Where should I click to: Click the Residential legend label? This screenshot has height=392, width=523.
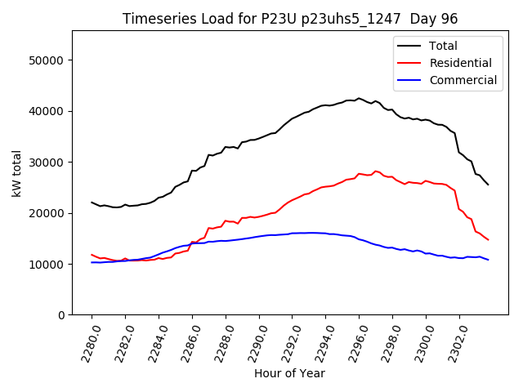point(460,63)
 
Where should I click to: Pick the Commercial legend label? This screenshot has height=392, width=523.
point(463,80)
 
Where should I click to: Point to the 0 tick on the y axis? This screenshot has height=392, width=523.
point(62,315)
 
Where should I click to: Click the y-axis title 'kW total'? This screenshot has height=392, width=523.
point(16,173)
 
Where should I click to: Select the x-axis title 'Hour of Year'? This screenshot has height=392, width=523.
point(289,373)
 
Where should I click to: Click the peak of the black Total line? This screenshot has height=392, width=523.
point(359,98)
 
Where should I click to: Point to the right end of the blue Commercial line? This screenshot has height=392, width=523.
point(488,260)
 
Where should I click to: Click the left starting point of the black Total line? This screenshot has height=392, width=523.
point(92,203)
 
